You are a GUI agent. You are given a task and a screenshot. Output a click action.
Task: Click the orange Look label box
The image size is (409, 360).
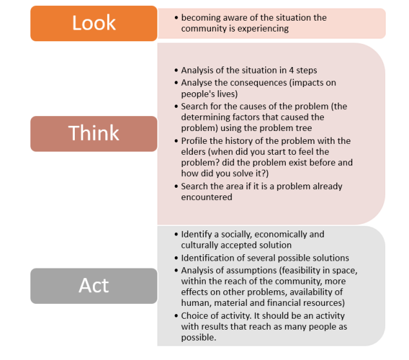click(94, 23)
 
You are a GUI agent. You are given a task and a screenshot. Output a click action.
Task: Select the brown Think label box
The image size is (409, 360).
click(94, 134)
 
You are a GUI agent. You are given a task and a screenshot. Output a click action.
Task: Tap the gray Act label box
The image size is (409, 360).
click(94, 286)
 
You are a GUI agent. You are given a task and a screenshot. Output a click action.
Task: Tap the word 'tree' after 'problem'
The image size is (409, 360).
click(303, 128)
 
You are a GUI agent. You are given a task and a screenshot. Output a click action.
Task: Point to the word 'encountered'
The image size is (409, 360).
click(206, 197)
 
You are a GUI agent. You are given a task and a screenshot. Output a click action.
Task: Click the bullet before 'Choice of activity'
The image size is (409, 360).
click(176, 316)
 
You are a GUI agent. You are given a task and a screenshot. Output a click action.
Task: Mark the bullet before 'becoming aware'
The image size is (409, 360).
click(176, 18)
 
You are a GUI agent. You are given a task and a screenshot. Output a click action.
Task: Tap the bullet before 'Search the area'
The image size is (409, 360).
click(176, 186)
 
